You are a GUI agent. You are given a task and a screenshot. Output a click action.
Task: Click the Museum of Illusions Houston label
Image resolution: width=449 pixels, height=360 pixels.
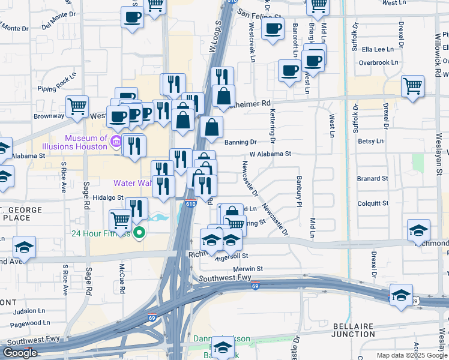(74, 142)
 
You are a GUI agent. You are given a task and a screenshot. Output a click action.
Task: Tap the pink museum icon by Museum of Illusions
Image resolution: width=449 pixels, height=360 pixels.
(116, 142)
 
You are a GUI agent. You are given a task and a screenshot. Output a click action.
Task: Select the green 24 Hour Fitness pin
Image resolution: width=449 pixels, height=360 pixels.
(139, 233)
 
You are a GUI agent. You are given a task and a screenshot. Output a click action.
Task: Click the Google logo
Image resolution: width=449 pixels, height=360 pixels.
(20, 353)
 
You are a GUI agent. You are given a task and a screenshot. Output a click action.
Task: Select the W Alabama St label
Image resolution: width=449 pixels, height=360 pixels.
(270, 154)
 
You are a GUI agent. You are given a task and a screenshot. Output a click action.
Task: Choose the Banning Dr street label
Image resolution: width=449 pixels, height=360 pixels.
(241, 142)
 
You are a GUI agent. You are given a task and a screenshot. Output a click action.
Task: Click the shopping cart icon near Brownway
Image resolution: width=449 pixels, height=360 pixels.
(77, 106)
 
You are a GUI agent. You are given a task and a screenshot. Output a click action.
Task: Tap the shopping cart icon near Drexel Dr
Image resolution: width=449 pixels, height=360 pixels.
(413, 86)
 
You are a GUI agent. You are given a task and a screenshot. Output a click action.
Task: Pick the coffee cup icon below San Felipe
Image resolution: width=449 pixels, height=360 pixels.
(272, 28)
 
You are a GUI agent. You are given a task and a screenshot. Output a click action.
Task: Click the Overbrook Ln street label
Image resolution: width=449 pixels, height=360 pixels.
(378, 62)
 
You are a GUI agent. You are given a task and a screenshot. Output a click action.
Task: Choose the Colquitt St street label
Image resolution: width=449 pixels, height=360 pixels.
(373, 203)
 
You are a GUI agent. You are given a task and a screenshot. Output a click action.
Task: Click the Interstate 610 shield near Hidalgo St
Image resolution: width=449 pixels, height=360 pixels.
(191, 205)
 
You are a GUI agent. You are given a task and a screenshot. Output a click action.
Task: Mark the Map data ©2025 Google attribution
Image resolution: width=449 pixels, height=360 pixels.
(412, 355)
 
